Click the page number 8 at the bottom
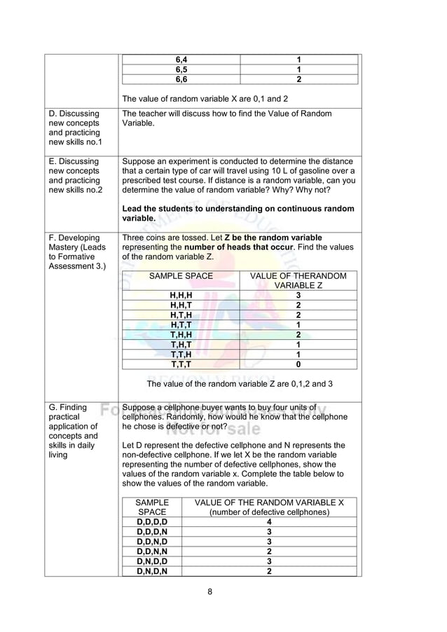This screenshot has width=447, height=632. (x=209, y=592)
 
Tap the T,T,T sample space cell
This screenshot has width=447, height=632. (x=181, y=364)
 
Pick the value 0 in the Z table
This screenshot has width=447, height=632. (x=298, y=364)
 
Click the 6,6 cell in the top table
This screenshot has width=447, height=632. (x=181, y=80)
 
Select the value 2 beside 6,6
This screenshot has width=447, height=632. (x=298, y=80)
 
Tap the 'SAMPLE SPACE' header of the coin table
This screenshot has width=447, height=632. (x=181, y=276)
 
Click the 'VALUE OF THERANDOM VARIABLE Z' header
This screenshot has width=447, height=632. (x=298, y=281)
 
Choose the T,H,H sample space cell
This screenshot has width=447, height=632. (x=181, y=335)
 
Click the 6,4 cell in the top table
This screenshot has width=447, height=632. (x=181, y=60)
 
